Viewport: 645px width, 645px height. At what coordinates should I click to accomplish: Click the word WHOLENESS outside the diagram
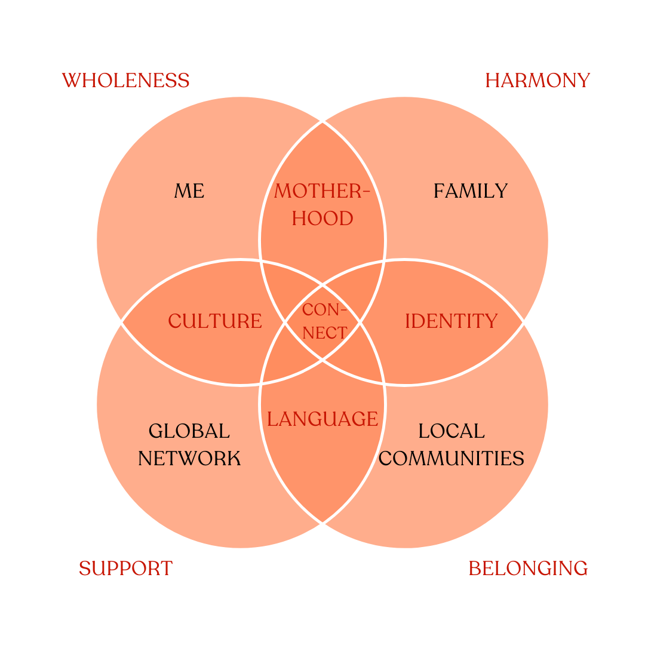(125, 80)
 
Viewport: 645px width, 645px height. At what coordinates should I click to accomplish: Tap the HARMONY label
(537, 80)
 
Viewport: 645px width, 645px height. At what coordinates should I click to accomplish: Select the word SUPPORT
(125, 569)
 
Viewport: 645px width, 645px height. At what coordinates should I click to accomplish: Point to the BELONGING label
(528, 569)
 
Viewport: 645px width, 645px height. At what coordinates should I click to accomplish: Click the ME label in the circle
(189, 191)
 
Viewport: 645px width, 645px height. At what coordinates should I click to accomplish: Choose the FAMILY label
(471, 191)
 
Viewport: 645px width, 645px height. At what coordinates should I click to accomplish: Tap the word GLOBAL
(189, 431)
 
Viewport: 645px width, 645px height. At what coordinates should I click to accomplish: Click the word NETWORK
(189, 458)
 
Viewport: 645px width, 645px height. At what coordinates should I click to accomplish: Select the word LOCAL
(451, 431)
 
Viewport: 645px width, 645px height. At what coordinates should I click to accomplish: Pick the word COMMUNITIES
(451, 458)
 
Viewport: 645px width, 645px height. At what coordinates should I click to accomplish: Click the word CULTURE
(215, 321)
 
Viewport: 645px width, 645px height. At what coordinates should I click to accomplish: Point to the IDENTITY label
(451, 321)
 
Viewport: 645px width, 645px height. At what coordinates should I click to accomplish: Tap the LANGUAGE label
(322, 419)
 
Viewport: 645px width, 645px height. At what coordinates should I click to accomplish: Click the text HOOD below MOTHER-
(322, 219)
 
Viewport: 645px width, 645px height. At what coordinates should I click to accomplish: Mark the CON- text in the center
(324, 310)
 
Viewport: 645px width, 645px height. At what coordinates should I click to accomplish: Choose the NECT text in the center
(324, 333)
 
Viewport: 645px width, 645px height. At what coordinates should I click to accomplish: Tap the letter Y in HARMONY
(583, 80)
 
